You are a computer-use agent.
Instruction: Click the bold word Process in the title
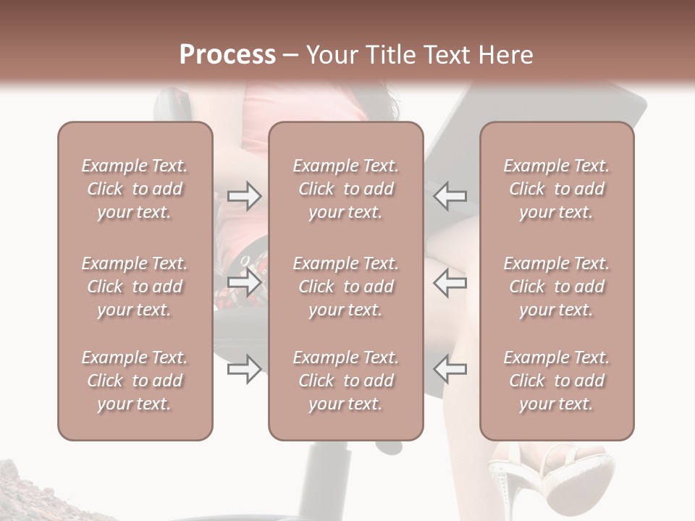pyautogui.click(x=227, y=55)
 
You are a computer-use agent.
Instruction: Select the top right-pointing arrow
pyautogui.click(x=245, y=195)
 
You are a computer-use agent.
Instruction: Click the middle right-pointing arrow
pyautogui.click(x=245, y=283)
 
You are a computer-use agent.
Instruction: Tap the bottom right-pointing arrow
pyautogui.click(x=245, y=370)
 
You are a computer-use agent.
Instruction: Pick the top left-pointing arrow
pyautogui.click(x=450, y=195)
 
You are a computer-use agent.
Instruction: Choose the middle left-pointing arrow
pyautogui.click(x=450, y=283)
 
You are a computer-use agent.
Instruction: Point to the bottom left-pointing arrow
pyautogui.click(x=450, y=370)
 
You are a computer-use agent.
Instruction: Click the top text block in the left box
pyautogui.click(x=135, y=189)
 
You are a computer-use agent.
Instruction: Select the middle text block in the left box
pyautogui.click(x=135, y=287)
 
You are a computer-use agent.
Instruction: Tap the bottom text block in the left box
pyautogui.click(x=135, y=381)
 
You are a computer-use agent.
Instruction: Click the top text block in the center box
pyautogui.click(x=346, y=189)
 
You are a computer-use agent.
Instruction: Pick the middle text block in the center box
pyautogui.click(x=346, y=287)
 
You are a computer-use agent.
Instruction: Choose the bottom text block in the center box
pyautogui.click(x=346, y=381)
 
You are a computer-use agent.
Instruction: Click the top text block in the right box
pyautogui.click(x=557, y=189)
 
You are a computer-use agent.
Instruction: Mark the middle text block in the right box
pyautogui.click(x=557, y=287)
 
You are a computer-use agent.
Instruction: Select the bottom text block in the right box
pyautogui.click(x=557, y=381)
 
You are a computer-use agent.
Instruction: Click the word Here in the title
pyautogui.click(x=507, y=55)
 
